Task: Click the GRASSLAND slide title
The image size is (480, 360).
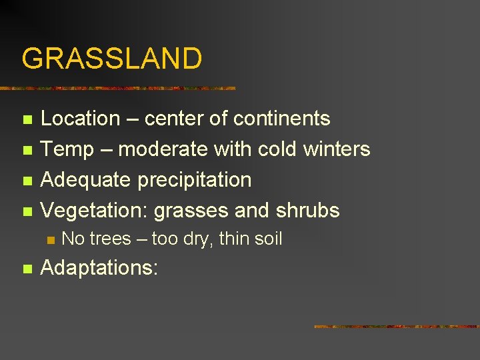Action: click(x=112, y=59)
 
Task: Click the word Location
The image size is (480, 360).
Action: click(x=80, y=119)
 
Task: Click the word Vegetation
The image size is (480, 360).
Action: click(x=94, y=211)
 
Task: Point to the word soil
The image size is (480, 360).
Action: click(x=267, y=239)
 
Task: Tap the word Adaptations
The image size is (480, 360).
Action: click(x=97, y=269)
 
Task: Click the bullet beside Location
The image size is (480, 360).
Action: click(x=27, y=120)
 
